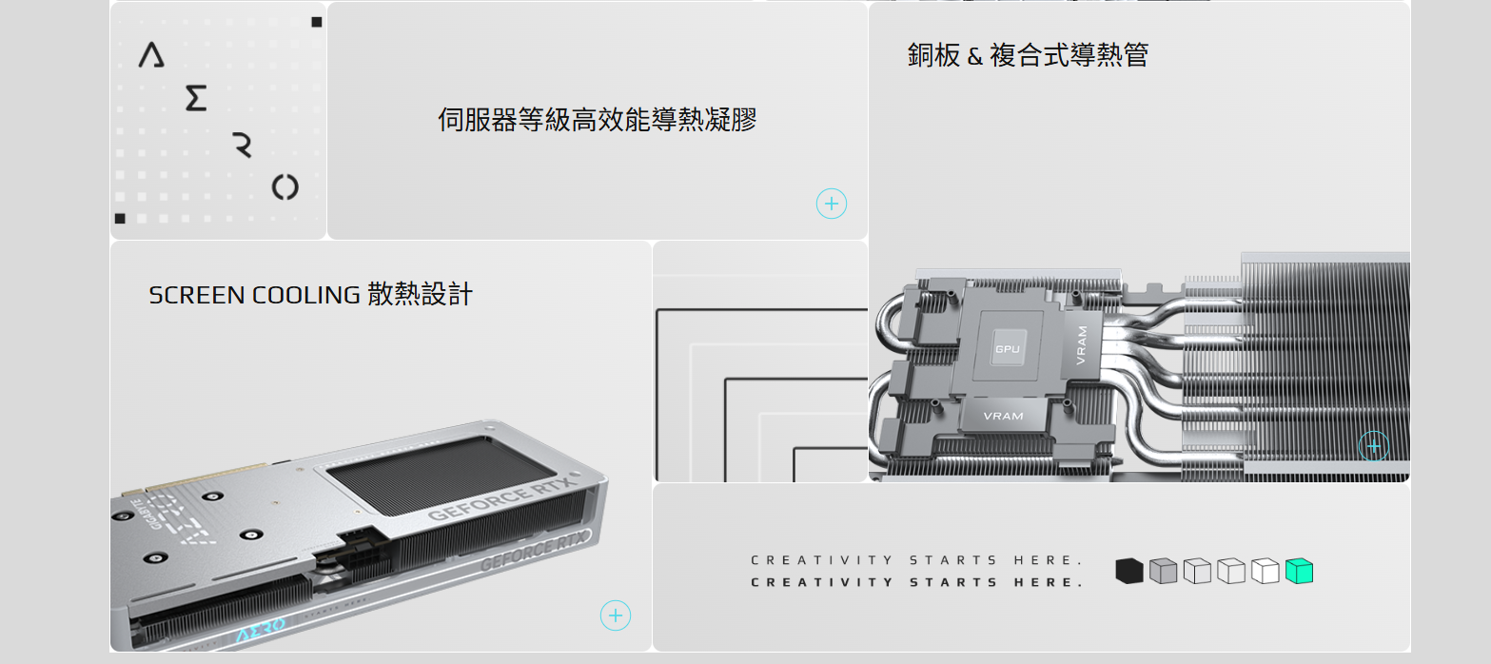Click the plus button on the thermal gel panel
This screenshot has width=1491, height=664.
tap(832, 204)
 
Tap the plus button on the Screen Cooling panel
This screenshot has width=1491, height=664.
tap(616, 615)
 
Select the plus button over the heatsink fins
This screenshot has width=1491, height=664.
tap(1374, 446)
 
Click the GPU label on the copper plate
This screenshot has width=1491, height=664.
tap(1008, 348)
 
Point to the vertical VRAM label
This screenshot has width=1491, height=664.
tap(1082, 344)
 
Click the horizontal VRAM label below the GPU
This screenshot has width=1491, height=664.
tap(1003, 416)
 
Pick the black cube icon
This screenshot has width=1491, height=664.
tap(1128, 571)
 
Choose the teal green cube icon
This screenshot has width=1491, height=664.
tap(1299, 571)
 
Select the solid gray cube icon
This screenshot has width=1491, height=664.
tap(1163, 571)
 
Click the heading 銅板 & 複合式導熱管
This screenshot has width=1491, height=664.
tap(1028, 55)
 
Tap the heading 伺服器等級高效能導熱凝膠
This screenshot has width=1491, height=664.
tap(597, 120)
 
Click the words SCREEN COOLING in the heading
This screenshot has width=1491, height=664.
tap(254, 295)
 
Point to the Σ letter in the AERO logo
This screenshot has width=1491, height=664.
tap(196, 98)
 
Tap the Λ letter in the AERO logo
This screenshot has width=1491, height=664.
tap(151, 54)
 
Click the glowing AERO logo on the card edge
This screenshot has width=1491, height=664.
tap(261, 629)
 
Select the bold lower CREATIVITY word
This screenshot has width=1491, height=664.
tap(822, 582)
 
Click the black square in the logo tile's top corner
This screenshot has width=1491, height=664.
tap(317, 22)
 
